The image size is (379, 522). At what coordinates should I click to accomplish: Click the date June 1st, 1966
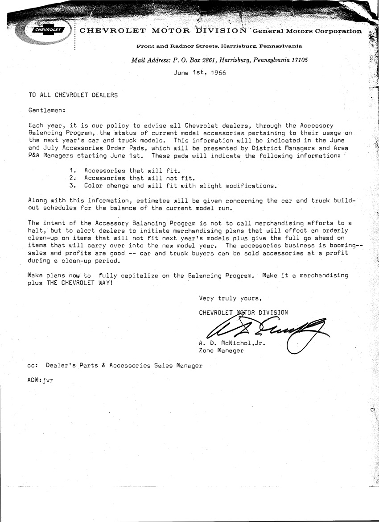pos(199,73)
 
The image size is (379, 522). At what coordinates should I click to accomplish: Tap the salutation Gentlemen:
pos(47,110)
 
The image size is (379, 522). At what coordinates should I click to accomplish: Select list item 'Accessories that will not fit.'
pos(140,178)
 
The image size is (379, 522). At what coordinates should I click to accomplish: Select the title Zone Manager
pos(221,351)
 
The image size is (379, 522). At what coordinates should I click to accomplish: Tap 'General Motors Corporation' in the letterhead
pos(307,31)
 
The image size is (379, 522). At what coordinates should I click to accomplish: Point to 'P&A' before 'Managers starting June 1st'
pos(34,156)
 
